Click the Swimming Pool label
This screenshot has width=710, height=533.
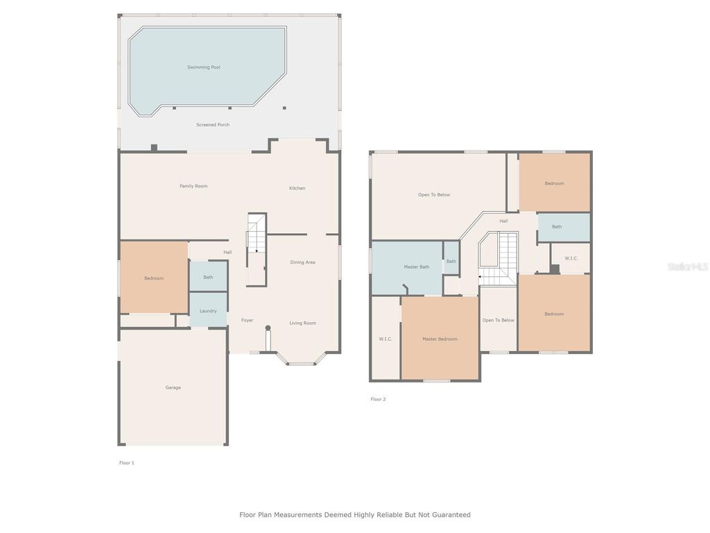click(203, 67)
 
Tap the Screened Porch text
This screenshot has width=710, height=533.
click(213, 125)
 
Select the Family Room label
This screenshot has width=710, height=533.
click(193, 186)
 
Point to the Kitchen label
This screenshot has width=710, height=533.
click(297, 188)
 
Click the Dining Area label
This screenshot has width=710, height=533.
click(302, 262)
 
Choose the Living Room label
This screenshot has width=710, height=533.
click(302, 323)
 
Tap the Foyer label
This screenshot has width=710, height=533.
click(247, 321)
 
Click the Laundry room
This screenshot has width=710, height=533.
click(208, 311)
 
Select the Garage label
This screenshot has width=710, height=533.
click(173, 387)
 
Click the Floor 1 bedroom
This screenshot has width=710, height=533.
click(154, 278)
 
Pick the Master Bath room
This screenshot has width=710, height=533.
click(416, 267)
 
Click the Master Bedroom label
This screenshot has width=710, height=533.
click(440, 339)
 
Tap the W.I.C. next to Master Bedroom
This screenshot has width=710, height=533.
click(386, 339)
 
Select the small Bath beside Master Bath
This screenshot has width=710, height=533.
click(451, 262)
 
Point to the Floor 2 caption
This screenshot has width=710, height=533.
click(378, 399)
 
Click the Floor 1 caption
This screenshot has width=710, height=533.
click(126, 462)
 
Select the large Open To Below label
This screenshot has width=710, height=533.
click(434, 194)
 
